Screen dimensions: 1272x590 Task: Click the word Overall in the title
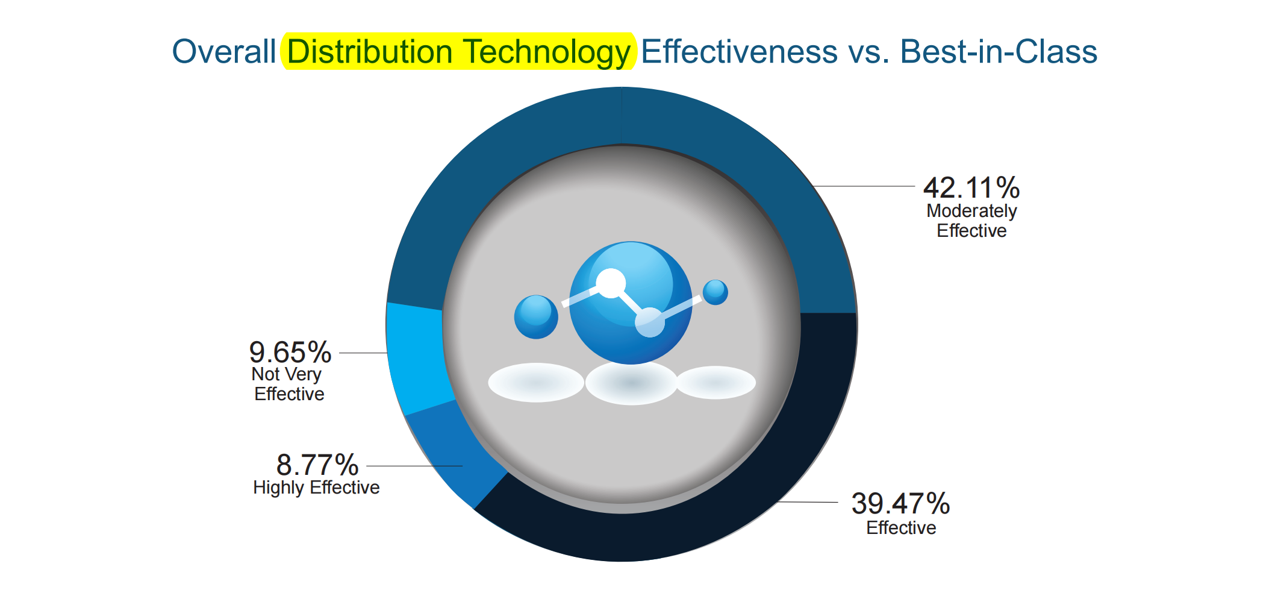[224, 51]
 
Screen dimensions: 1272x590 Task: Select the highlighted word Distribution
[370, 51]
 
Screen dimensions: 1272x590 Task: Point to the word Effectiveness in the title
[739, 51]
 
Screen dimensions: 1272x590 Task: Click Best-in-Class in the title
[999, 51]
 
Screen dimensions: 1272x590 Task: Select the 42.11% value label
[971, 187]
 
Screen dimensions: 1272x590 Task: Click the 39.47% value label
[900, 503]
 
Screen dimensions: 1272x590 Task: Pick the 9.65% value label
[290, 352]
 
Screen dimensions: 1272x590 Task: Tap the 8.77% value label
[317, 465]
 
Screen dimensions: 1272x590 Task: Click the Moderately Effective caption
[971, 221]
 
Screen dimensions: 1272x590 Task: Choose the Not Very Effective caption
[288, 384]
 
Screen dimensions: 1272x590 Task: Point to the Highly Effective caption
[316, 488]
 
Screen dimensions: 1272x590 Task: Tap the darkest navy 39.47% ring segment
[753, 482]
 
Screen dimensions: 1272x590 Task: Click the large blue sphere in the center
[631, 303]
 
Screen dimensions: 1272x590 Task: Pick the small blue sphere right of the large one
[715, 292]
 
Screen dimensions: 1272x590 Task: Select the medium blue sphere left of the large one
[536, 317]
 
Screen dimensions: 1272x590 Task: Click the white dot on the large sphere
[611, 283]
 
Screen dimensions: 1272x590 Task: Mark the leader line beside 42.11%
[864, 186]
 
